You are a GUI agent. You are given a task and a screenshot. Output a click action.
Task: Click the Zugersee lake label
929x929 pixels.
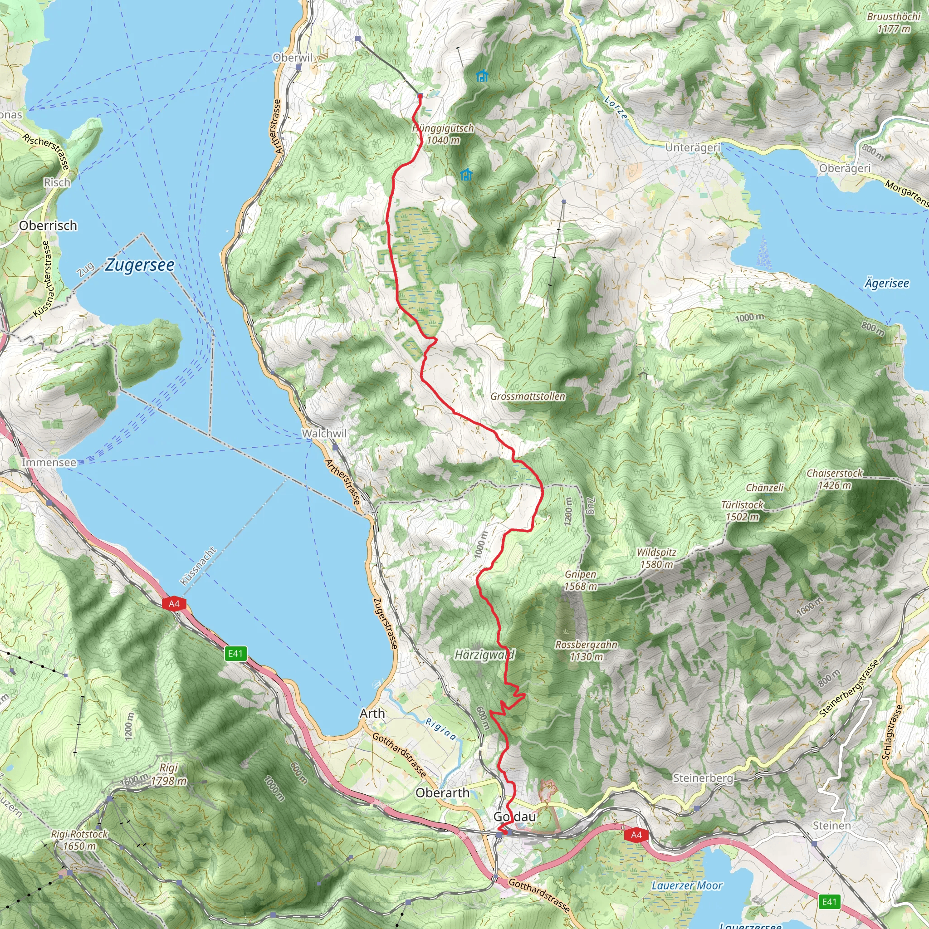coord(140,265)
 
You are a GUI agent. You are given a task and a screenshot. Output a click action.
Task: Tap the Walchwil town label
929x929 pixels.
coord(323,433)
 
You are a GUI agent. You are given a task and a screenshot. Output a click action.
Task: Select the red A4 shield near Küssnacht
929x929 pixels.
coord(174,603)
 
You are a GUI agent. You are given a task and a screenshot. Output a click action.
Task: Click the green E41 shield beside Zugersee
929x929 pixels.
coord(235,653)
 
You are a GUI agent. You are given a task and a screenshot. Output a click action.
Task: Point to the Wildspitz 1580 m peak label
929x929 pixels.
coord(656,558)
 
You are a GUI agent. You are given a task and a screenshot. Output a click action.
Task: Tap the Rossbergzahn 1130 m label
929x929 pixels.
coord(586,650)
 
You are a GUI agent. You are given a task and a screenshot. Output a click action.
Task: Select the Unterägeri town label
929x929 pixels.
coord(693,147)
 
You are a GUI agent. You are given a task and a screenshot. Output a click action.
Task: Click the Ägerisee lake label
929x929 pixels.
coord(887,283)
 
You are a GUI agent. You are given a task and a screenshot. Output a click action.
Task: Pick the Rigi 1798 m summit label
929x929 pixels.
coord(169,774)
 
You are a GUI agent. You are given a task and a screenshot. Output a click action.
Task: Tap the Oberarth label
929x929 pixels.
coord(442,793)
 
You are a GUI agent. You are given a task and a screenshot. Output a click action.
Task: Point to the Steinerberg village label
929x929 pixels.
coord(703,778)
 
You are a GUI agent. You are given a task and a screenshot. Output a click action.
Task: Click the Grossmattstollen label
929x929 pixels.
coord(528,396)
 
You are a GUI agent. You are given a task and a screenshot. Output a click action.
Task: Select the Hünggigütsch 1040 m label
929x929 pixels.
coord(443,134)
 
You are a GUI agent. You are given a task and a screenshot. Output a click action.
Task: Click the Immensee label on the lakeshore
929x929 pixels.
coord(49,462)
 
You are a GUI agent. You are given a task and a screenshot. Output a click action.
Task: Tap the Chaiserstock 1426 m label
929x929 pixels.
coord(835,479)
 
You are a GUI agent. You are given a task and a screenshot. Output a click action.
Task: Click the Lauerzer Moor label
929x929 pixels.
coord(687,886)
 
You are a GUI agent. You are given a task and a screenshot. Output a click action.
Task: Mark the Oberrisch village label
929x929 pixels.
coord(48,225)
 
